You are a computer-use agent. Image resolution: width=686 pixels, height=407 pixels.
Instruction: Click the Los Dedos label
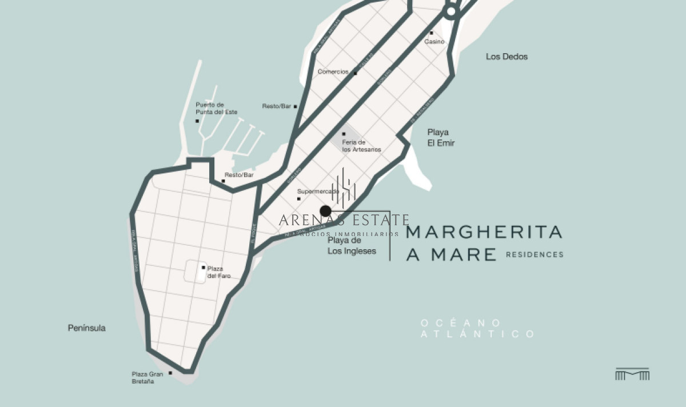coord(506,57)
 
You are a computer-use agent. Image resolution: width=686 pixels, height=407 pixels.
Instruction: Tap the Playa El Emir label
coord(441,138)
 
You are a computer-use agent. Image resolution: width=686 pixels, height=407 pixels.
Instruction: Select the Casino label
coord(434,42)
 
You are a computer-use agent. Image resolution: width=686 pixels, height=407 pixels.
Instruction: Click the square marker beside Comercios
coord(355,73)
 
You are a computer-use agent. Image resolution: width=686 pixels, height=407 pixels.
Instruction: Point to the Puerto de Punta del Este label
coord(216,108)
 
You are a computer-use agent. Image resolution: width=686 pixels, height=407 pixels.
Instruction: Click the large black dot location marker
coord(325,211)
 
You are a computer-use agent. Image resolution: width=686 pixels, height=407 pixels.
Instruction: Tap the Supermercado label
coord(318,191)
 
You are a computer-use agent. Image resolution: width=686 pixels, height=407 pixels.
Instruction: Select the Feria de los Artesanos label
coord(361,146)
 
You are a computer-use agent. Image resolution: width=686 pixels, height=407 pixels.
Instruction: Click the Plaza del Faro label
coord(219,272)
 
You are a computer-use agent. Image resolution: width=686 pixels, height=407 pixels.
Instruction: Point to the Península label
coord(87,328)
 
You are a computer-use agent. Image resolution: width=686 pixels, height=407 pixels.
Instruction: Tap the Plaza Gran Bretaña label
coord(147,378)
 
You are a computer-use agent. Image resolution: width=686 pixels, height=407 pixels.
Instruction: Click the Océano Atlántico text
coord(478,329)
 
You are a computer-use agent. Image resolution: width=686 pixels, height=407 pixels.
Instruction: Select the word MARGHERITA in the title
coord(484,232)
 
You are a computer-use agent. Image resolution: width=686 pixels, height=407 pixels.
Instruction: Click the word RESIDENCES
coord(535,255)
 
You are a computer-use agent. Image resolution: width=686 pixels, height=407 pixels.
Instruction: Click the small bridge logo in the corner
coord(632,374)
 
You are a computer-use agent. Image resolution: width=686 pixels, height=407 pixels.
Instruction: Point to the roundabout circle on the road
coord(451,11)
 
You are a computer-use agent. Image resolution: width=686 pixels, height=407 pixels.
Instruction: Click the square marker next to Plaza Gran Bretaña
coord(170,373)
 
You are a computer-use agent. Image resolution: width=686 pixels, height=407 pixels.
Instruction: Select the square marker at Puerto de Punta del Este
coord(197,121)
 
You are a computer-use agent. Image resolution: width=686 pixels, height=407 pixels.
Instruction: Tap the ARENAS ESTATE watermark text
coord(344,220)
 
